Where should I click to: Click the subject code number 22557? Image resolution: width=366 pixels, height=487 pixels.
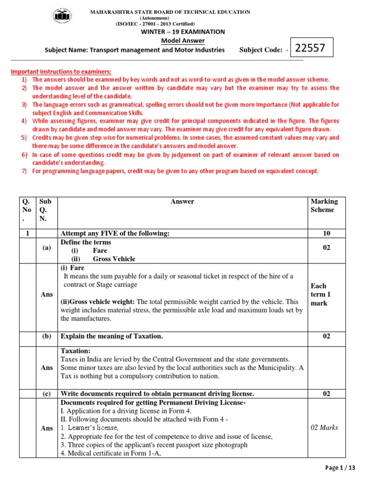coord(310,49)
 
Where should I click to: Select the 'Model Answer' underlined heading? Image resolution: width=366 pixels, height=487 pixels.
coord(182,41)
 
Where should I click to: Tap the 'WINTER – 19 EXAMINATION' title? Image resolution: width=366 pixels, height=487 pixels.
coord(182,32)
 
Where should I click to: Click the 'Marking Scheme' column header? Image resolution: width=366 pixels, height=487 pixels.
coord(324,205)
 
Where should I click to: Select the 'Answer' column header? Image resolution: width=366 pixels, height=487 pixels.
coord(182,202)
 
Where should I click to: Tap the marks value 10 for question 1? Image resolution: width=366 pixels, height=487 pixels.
coord(326,234)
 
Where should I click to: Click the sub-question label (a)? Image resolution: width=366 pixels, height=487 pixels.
coord(46,248)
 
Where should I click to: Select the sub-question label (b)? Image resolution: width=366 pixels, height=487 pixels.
coord(46,337)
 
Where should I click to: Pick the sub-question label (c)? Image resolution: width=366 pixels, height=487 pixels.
coord(46,394)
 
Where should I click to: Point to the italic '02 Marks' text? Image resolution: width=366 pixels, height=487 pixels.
coord(324,428)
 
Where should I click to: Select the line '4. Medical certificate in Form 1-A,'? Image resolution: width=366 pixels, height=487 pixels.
coord(111,454)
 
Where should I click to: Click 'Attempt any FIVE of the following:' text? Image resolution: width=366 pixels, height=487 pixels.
coord(115,234)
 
